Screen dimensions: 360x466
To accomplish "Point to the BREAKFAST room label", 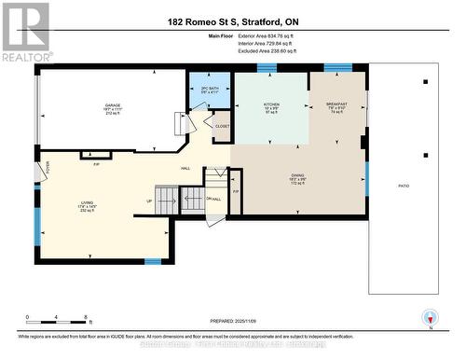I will (x=336, y=103).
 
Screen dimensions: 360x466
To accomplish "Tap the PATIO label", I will (x=404, y=187).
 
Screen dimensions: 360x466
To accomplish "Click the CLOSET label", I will (x=222, y=126).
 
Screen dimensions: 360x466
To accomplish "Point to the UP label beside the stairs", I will (x=149, y=201).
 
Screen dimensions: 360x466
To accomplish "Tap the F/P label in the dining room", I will (x=235, y=191).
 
